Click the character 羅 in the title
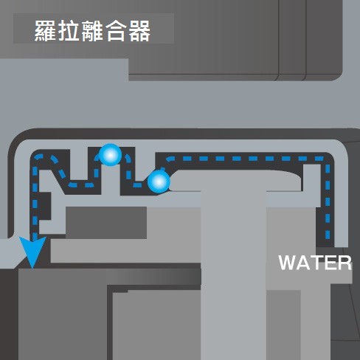tap(45, 30)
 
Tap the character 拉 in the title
tap(68, 30)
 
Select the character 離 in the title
tap(91, 30)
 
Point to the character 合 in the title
tap(116, 30)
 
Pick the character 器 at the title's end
tap(139, 30)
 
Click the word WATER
tap(315, 263)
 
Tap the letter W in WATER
tap(288, 263)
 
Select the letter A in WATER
tap(303, 263)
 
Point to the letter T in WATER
tap(316, 263)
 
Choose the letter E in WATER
tap(330, 263)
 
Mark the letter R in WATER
tap(345, 263)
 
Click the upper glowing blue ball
tap(111, 155)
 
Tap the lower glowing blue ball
tap(159, 181)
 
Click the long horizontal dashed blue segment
tap(245, 159)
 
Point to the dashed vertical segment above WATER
tap(328, 201)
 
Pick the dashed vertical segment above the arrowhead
tap(35, 199)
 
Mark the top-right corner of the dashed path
tap(328, 159)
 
